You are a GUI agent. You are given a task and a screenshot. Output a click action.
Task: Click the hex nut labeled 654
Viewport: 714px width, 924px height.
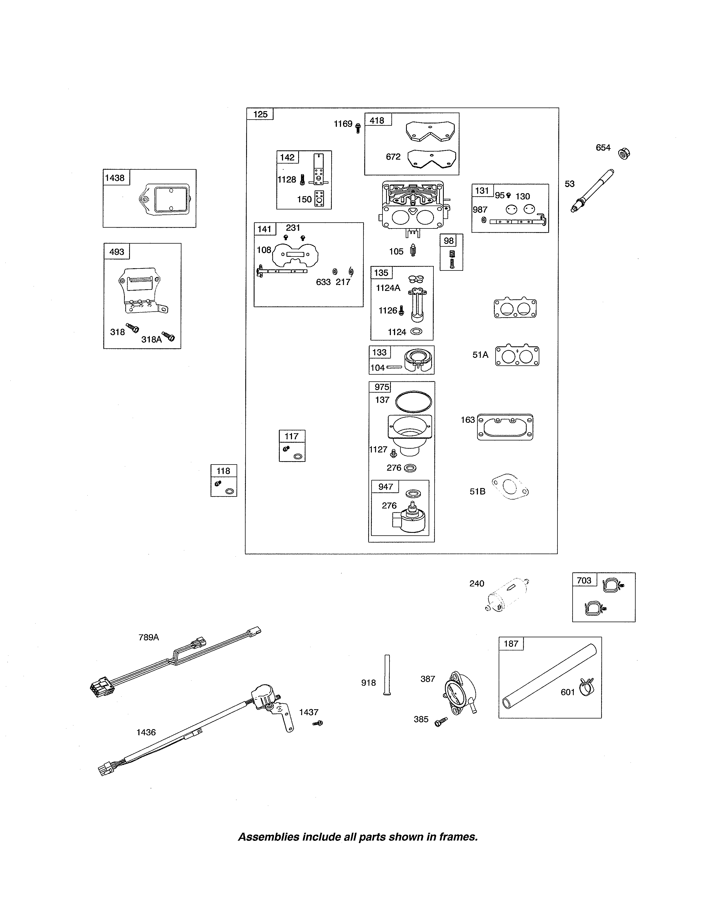point(623,153)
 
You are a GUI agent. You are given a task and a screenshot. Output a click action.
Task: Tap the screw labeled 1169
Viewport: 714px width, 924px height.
point(358,128)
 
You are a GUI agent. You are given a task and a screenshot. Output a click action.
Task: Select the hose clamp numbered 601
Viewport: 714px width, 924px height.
point(587,687)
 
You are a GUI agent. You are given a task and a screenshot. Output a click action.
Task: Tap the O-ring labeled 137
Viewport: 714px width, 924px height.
point(413,402)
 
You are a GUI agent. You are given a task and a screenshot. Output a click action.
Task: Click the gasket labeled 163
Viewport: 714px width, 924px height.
point(505,427)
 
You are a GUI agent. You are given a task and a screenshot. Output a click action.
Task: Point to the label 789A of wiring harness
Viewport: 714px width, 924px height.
point(148,637)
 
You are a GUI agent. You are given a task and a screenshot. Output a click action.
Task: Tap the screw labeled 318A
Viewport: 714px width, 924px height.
point(169,337)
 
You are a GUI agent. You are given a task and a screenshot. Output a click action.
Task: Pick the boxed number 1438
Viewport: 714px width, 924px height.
point(115,178)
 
